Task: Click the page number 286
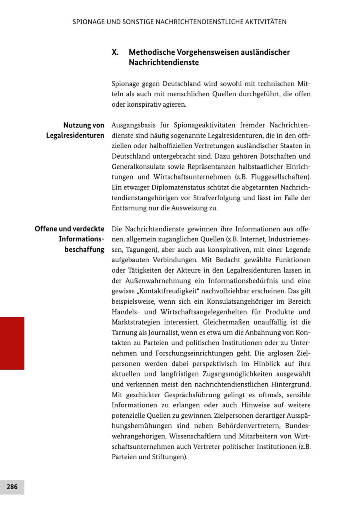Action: click(12, 487)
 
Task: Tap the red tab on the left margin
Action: click(12, 343)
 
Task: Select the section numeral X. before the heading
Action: click(115, 52)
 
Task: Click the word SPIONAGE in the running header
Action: click(88, 22)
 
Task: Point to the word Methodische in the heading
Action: click(153, 52)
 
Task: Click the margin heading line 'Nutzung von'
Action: click(84, 126)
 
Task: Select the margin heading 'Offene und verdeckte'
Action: click(70, 229)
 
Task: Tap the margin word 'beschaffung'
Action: click(84, 250)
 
